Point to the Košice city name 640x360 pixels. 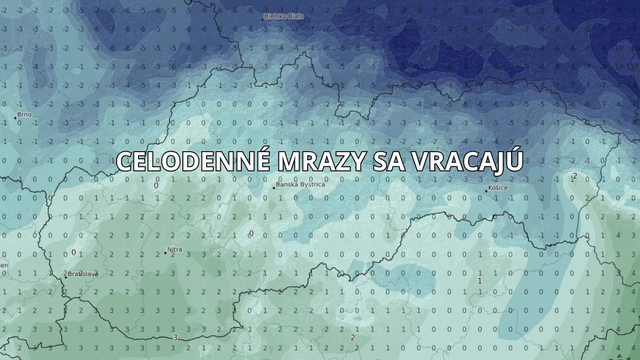(x=498, y=188)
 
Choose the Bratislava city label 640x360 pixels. (x=82, y=273)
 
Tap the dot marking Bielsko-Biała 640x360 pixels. (x=264, y=17)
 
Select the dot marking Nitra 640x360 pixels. (x=163, y=253)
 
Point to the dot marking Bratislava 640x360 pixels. (x=66, y=273)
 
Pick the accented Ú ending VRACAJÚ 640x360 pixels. (x=514, y=160)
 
